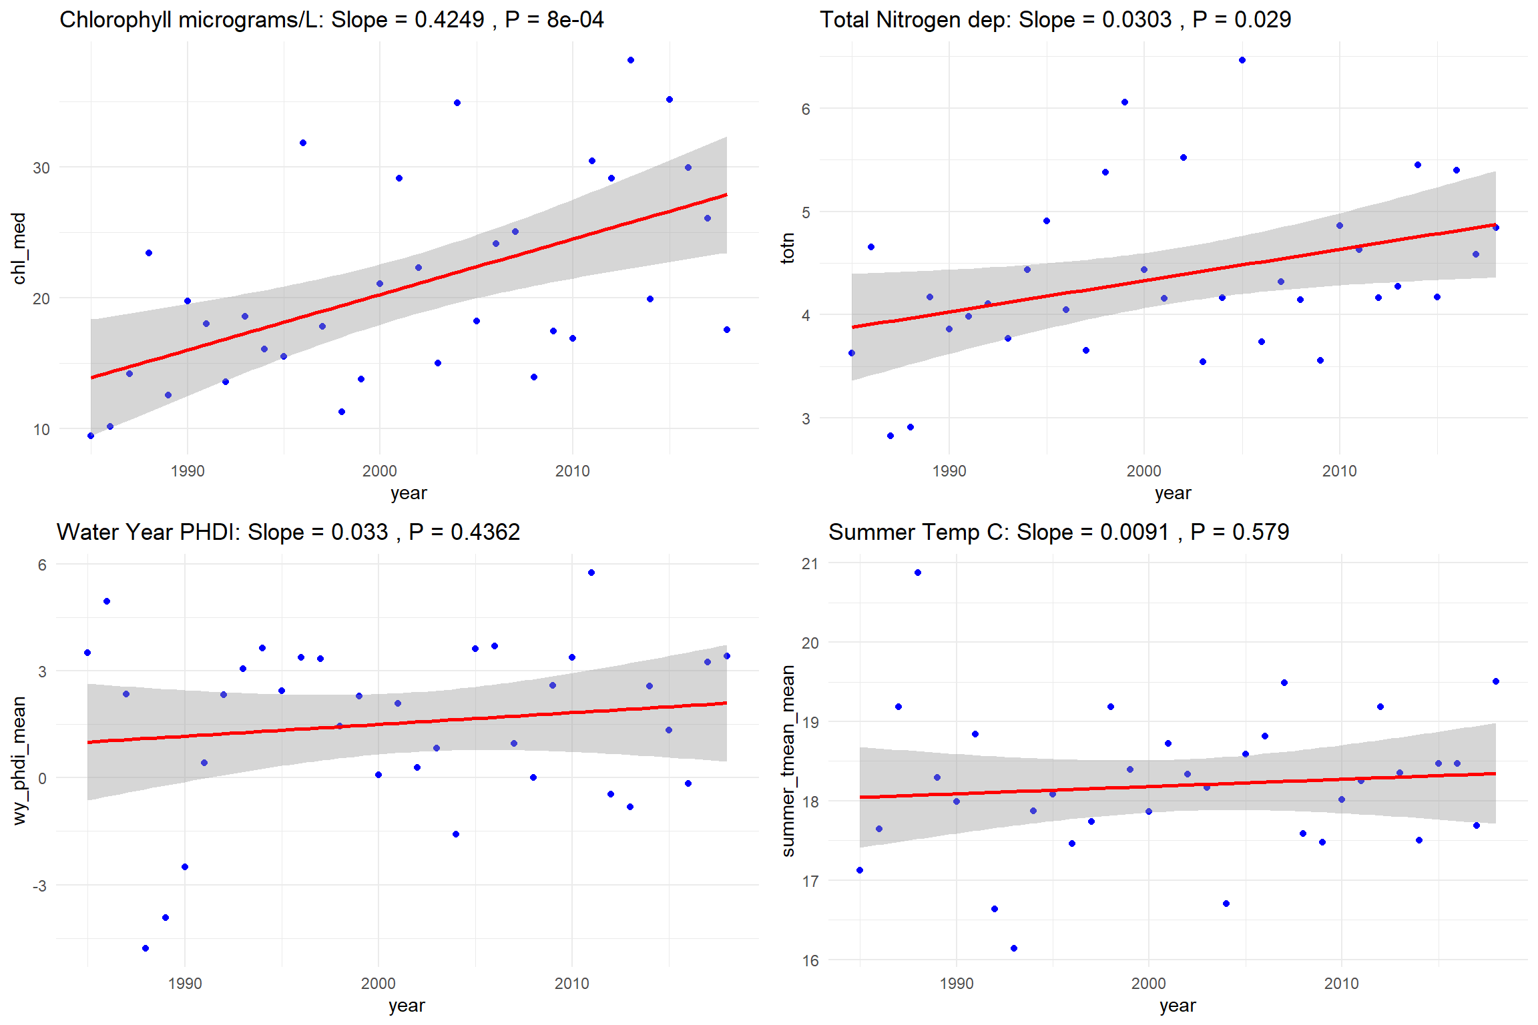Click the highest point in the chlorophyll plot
(x=631, y=61)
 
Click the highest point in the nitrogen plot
(x=1242, y=61)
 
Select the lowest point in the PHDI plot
(x=146, y=948)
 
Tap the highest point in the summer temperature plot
(x=918, y=573)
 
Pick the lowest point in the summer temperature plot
(x=1014, y=948)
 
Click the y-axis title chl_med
(x=19, y=248)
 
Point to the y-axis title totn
(x=788, y=248)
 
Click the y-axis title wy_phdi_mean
(x=19, y=761)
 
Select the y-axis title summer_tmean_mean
(x=788, y=761)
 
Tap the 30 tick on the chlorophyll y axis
(x=41, y=168)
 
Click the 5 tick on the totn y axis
(x=806, y=212)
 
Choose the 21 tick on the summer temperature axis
(x=810, y=564)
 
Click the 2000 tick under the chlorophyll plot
(x=379, y=471)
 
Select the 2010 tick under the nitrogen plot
(x=1339, y=471)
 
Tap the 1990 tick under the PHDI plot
(x=185, y=984)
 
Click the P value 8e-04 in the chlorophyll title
(x=575, y=20)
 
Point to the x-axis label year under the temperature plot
(x=1178, y=1006)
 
